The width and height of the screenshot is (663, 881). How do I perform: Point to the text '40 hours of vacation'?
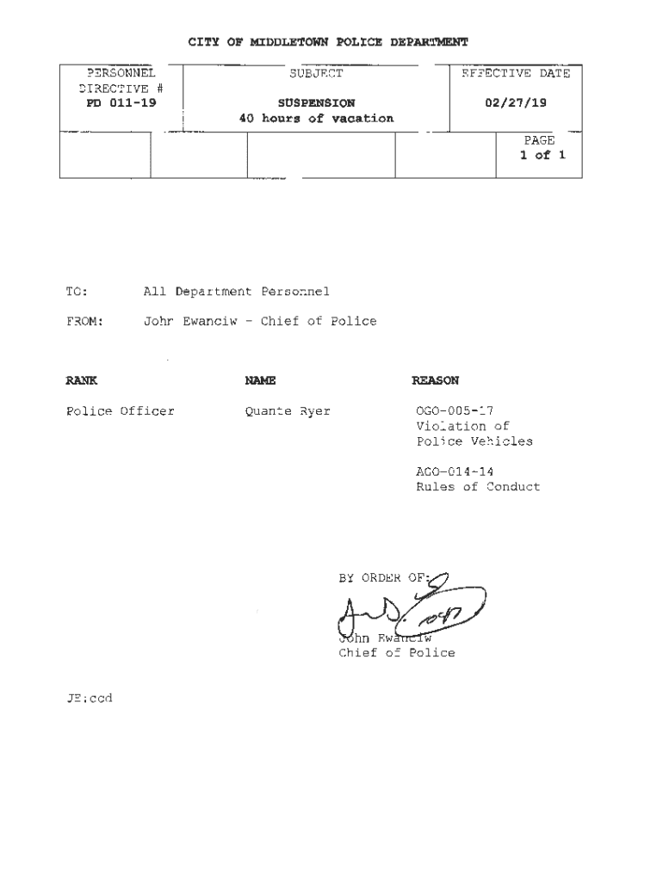point(316,118)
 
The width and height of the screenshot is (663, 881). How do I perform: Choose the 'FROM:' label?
point(84,321)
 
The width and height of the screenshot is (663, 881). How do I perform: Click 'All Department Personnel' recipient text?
point(236,292)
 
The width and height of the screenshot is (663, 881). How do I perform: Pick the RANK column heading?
point(82,380)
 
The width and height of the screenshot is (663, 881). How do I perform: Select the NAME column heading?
point(259,380)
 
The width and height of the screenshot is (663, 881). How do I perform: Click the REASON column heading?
point(435,380)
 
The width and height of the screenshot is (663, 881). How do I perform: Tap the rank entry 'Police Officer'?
point(121,411)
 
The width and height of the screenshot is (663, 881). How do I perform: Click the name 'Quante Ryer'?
point(288,411)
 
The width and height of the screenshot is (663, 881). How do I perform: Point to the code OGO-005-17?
point(455,411)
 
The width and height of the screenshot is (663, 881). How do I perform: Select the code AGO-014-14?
point(455,471)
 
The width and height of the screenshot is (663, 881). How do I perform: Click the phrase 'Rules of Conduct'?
point(478,487)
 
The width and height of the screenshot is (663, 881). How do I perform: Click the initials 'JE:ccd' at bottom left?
point(89,698)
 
